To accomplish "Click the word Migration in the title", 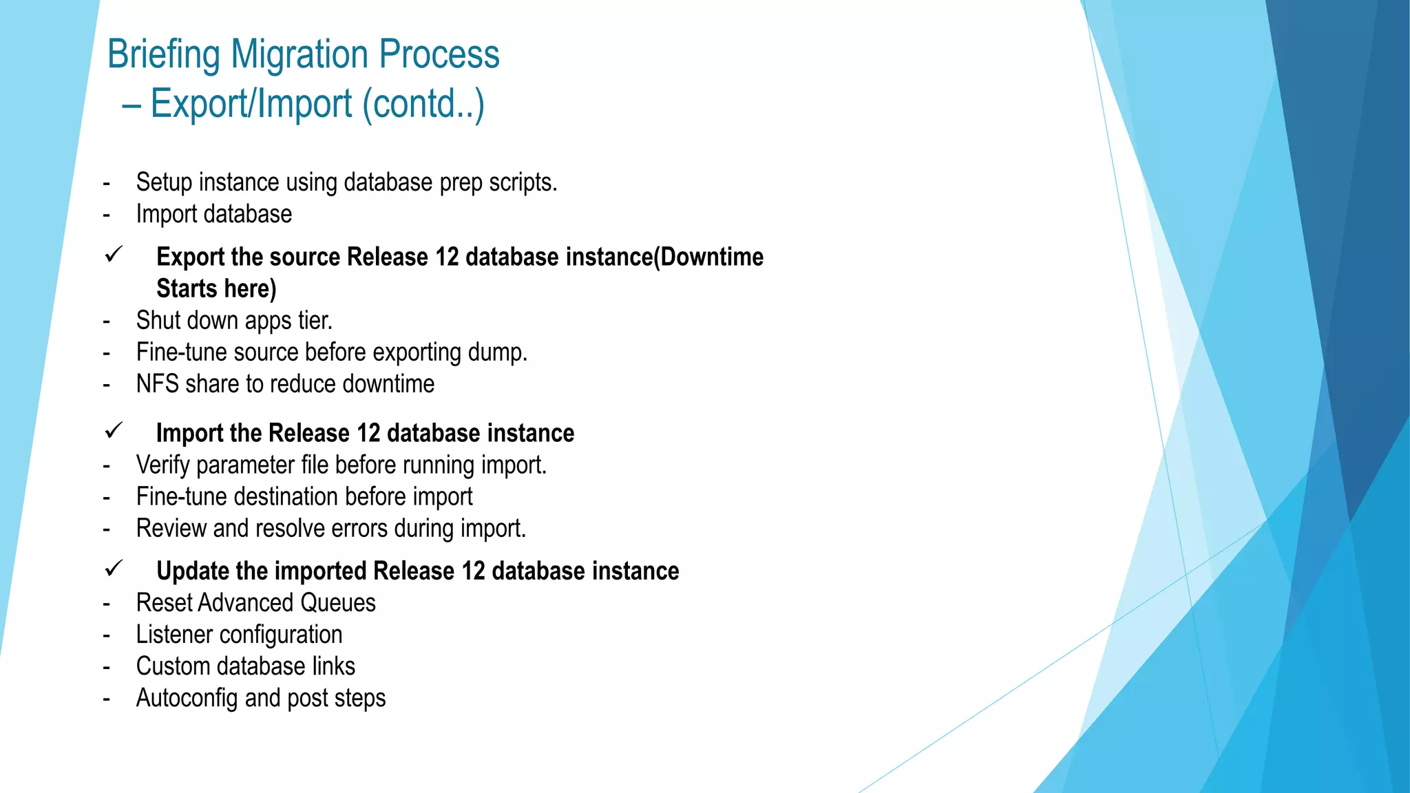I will [x=299, y=54].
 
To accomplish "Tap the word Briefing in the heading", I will [x=164, y=54].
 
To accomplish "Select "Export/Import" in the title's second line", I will [x=251, y=104].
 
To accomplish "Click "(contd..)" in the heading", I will [x=423, y=104].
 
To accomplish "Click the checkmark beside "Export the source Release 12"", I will [x=114, y=255].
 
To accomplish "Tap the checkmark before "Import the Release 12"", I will [x=114, y=431].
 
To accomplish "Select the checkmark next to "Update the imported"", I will [x=114, y=569].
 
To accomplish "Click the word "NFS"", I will [x=158, y=384].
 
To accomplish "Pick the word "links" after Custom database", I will [x=333, y=666].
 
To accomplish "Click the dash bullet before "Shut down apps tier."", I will [x=107, y=321].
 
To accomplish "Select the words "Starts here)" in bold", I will [x=216, y=288].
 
